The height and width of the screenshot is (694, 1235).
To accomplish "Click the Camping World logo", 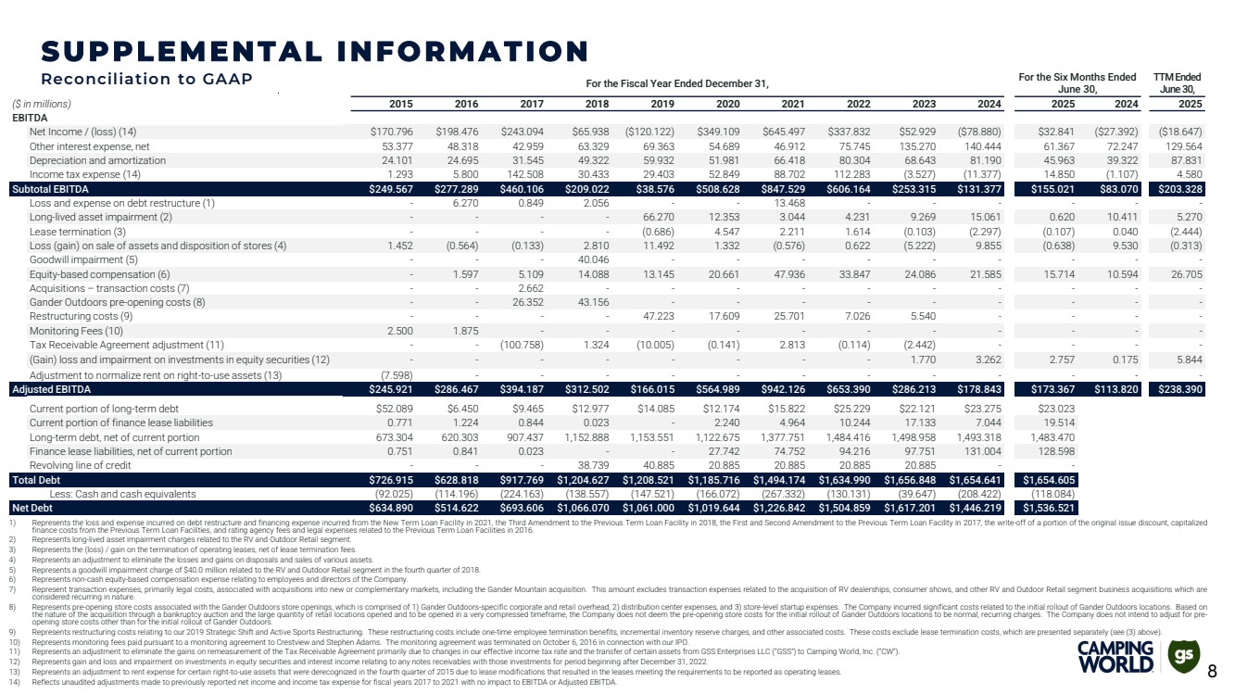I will click(1116, 657).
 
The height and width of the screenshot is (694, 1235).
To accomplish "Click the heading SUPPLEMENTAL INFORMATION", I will click(315, 51).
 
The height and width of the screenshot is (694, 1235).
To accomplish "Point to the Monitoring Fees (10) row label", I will click(76, 331).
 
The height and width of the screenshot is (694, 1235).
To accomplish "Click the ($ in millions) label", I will click(42, 104).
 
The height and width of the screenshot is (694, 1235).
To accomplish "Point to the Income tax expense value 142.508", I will click(523, 174).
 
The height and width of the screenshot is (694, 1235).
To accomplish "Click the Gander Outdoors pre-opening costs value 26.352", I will click(524, 303).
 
